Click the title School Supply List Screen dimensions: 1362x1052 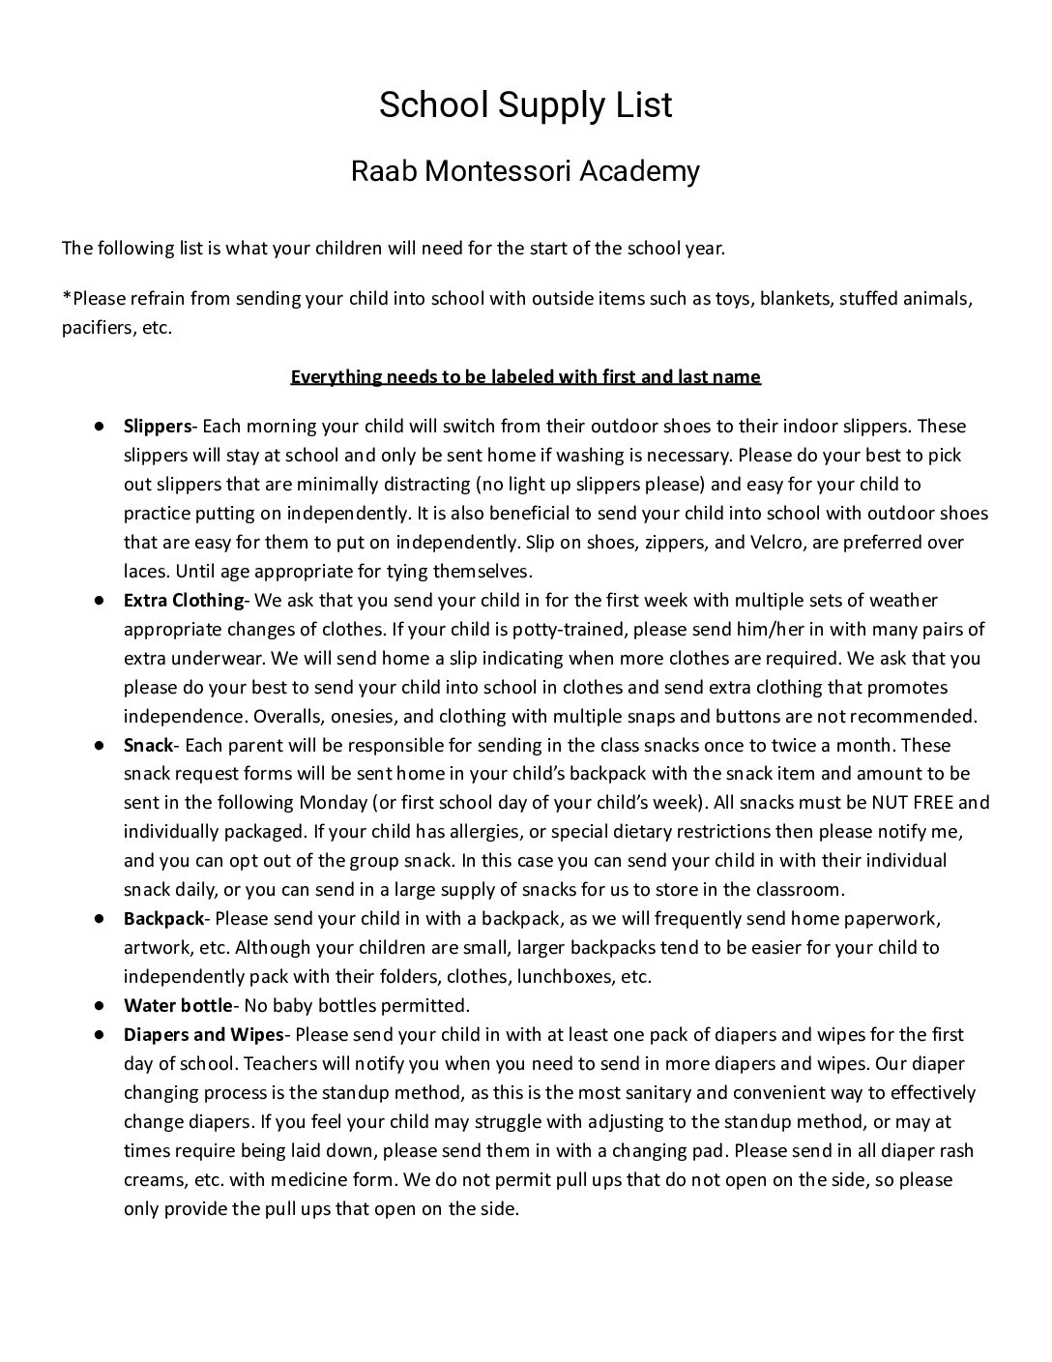(x=525, y=104)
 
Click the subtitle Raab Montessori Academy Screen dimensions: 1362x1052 (x=525, y=171)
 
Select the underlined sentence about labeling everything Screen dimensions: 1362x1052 (x=525, y=376)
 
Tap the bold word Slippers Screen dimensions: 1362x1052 (x=158, y=426)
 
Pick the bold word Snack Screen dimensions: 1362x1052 (x=148, y=745)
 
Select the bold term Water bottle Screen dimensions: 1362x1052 (x=178, y=1004)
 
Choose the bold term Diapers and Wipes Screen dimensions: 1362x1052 (x=203, y=1034)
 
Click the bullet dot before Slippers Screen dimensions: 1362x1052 (x=100, y=426)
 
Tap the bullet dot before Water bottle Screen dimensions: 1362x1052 (x=100, y=1004)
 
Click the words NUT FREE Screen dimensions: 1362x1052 (x=912, y=802)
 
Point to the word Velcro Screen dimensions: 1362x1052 (x=776, y=542)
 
